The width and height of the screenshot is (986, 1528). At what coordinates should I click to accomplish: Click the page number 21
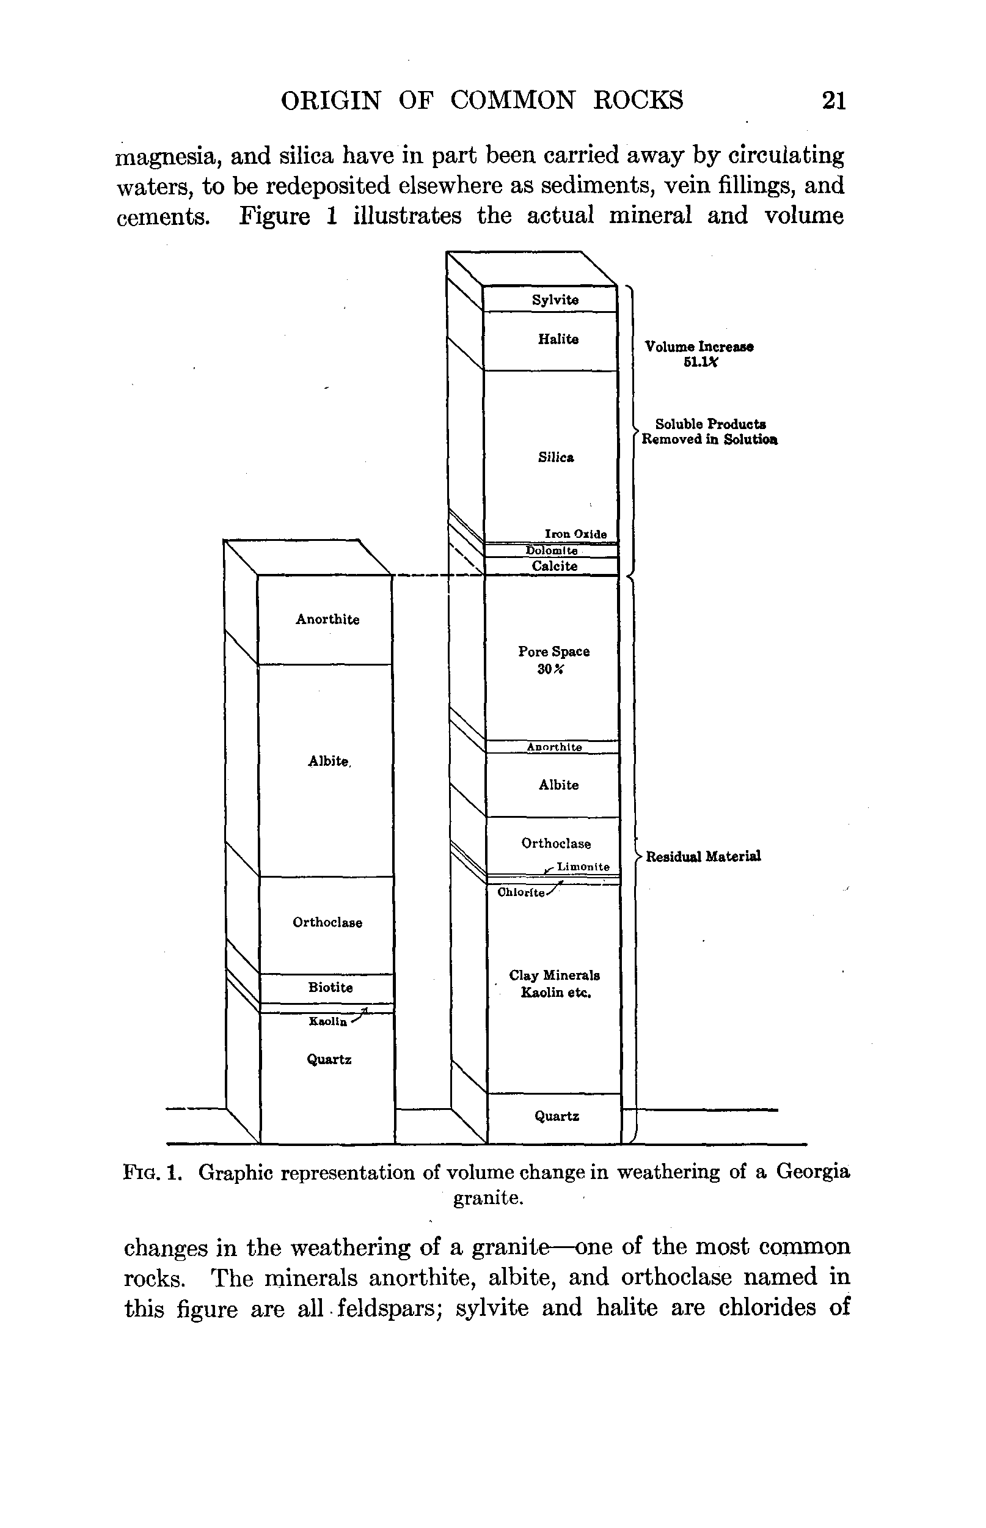click(834, 101)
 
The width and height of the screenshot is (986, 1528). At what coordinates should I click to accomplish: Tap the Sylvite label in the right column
click(555, 299)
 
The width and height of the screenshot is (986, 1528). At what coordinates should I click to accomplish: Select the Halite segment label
click(558, 339)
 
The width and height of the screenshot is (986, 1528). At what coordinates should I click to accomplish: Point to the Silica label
click(556, 457)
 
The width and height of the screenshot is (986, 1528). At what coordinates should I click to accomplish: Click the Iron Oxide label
click(575, 534)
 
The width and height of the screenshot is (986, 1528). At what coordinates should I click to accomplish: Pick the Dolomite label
click(551, 551)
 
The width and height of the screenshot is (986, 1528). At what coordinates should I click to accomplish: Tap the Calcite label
click(555, 566)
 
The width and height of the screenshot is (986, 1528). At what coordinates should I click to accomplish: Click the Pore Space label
click(554, 652)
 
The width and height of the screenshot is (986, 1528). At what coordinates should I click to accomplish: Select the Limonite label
click(583, 867)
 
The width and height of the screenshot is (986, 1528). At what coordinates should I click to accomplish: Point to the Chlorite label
click(521, 892)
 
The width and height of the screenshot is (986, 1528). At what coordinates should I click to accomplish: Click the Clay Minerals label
click(555, 975)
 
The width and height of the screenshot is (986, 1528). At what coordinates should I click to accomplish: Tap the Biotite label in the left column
click(330, 988)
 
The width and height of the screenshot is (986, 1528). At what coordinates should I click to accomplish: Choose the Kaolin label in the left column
click(328, 1021)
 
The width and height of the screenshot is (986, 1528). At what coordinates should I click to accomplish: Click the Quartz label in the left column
click(329, 1060)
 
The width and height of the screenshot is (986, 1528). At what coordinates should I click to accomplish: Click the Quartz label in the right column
click(557, 1116)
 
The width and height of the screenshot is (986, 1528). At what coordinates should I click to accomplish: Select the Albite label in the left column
click(329, 761)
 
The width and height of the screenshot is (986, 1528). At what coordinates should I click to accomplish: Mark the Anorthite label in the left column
click(327, 619)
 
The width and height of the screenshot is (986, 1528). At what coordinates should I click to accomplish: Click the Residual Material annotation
click(703, 856)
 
